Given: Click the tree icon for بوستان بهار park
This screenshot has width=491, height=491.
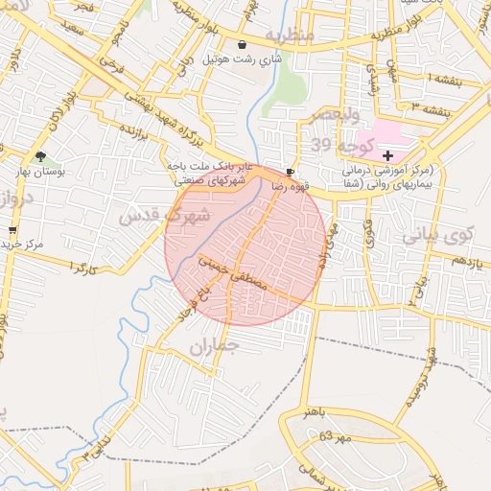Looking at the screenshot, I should point(39,156).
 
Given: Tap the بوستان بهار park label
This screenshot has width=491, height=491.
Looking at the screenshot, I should point(40,173).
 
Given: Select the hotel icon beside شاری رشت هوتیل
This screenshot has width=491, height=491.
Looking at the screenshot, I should point(241,45).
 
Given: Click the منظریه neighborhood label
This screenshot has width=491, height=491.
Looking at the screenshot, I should point(289,35).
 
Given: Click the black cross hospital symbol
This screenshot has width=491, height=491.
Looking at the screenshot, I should point(387,154).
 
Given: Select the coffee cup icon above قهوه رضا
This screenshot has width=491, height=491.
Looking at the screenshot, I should point(290,170).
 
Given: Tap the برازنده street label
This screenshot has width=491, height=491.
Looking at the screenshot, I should point(141,138).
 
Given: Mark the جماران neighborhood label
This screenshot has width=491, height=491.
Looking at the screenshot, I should point(212,348).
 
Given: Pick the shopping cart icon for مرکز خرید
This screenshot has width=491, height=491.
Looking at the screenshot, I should point(12,230).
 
